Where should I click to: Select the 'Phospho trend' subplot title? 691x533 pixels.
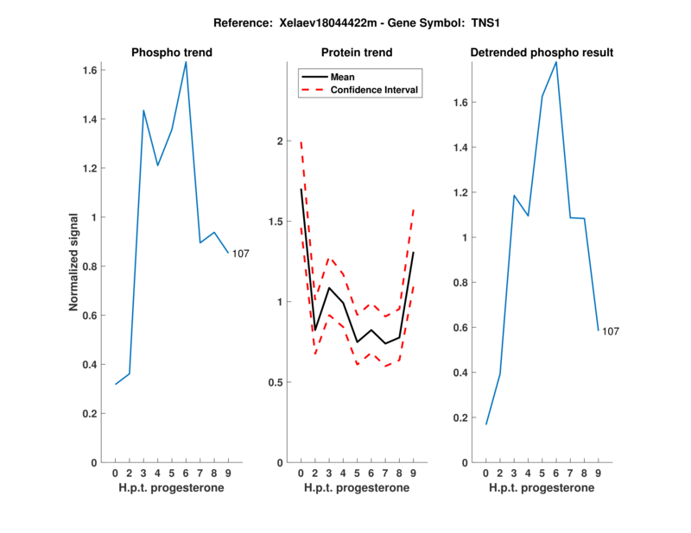click(x=172, y=53)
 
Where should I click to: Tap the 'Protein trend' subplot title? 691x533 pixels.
click(x=357, y=53)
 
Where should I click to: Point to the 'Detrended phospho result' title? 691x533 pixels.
click(x=542, y=53)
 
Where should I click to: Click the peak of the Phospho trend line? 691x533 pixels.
click(x=186, y=62)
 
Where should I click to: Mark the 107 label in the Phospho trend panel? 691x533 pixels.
click(x=241, y=253)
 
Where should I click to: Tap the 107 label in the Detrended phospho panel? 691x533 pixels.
click(x=611, y=331)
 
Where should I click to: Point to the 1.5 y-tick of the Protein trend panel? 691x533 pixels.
click(x=276, y=222)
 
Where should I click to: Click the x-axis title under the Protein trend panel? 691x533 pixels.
click(x=357, y=488)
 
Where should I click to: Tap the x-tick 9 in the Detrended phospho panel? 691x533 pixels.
click(x=598, y=473)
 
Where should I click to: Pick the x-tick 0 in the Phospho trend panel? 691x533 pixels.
click(x=116, y=473)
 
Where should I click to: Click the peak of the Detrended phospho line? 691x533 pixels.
click(x=556, y=62)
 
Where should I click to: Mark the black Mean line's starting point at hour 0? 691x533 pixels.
click(x=301, y=189)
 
